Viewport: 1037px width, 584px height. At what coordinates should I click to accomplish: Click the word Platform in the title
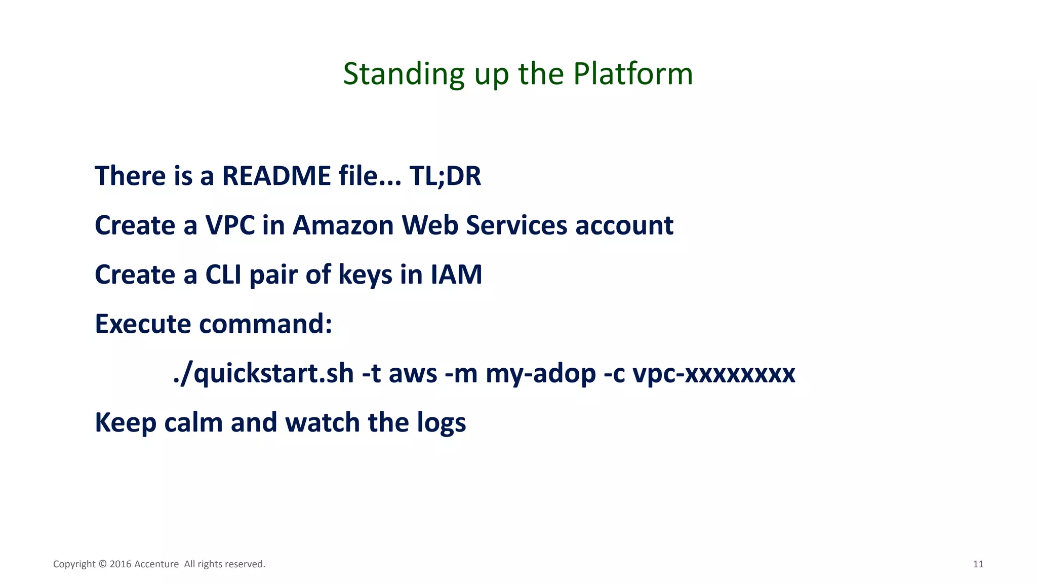coord(632,74)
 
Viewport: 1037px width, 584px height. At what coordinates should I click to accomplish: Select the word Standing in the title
coord(404,74)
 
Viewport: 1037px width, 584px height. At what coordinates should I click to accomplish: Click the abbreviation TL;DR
coord(445,176)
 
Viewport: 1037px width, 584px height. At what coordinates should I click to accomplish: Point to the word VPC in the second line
coord(230,225)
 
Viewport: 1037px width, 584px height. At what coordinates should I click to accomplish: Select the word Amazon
coord(343,225)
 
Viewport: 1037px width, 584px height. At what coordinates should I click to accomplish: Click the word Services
coord(516,225)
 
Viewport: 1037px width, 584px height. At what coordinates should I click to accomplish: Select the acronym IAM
coord(456,275)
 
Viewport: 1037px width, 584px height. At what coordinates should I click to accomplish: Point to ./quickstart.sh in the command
coord(263,374)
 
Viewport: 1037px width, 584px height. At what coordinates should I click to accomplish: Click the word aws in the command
coord(413,374)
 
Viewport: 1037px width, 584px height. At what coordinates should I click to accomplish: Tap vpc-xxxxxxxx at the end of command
coord(714,374)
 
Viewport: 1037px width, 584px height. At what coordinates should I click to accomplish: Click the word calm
coord(193,422)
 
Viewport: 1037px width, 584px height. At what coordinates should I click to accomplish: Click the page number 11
coord(978,564)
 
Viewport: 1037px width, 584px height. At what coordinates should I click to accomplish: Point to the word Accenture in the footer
coord(156,564)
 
